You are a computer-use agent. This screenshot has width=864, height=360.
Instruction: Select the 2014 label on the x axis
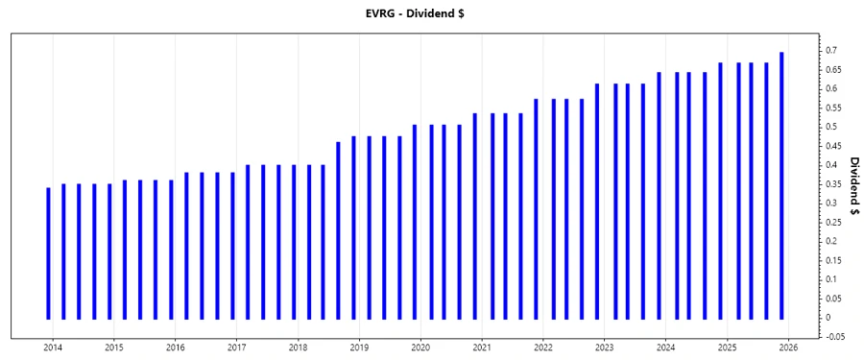click(52, 348)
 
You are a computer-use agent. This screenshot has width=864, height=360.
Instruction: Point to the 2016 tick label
click(175, 348)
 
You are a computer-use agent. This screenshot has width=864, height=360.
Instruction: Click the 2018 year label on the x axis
click(298, 348)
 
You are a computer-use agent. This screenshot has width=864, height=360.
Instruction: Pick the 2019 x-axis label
click(359, 348)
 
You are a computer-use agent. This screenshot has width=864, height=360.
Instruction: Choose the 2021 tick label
click(482, 348)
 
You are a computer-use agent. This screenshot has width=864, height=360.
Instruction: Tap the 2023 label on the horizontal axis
click(605, 348)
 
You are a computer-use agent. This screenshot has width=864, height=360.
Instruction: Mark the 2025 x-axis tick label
click(728, 348)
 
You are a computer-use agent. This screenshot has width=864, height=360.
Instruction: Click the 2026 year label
click(789, 348)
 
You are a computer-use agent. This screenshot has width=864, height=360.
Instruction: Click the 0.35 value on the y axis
click(831, 184)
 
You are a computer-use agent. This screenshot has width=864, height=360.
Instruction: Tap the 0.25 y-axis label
click(831, 222)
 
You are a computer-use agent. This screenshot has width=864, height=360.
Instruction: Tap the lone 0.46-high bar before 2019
click(338, 230)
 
